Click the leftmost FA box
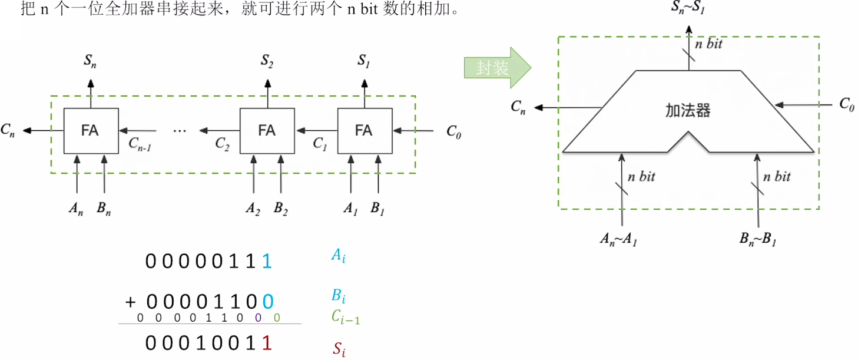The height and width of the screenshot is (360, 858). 91,131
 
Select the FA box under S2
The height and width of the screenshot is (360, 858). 267,131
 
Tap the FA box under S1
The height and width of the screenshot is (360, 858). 364,131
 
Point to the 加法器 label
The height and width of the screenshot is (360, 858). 688,110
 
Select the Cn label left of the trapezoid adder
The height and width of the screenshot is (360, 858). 519,107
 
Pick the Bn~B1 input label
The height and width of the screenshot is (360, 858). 756,239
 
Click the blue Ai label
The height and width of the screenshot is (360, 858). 337,255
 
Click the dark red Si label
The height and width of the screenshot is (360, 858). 339,349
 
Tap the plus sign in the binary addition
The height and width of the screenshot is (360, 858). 131,303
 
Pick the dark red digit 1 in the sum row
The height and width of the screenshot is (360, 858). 267,344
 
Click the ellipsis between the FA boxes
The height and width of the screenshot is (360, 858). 180,131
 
